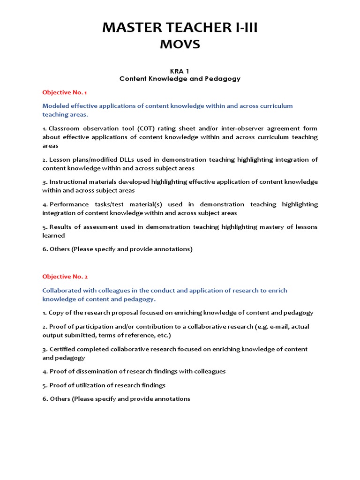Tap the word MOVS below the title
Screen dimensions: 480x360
(x=180, y=45)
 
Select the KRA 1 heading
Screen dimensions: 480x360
(x=180, y=71)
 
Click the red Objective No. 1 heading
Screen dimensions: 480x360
(x=65, y=92)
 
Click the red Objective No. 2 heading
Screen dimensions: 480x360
(x=65, y=277)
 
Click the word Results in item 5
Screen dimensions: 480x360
(x=61, y=227)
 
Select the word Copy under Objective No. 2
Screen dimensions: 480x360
(x=56, y=313)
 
